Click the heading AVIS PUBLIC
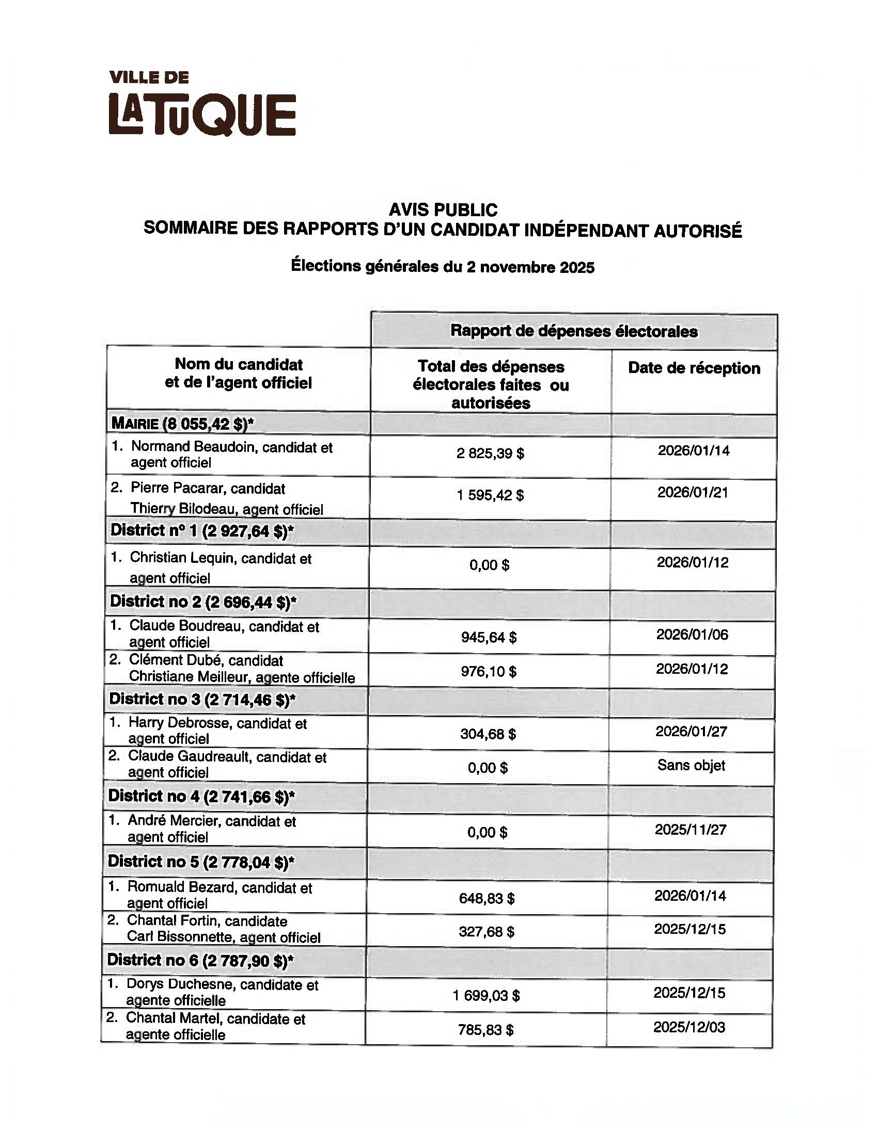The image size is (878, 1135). tap(443, 209)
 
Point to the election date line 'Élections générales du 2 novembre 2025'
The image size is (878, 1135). tap(442, 266)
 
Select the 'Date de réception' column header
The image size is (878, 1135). tap(694, 368)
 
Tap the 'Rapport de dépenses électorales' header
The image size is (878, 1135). tap(574, 331)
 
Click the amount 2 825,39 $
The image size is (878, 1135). tap(490, 453)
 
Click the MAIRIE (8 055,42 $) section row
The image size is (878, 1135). tap(182, 424)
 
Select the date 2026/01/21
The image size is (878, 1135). tap(692, 492)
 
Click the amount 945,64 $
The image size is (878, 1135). tap(489, 637)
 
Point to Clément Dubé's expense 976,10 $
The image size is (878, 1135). tap(489, 671)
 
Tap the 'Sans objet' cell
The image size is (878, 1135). tap(691, 765)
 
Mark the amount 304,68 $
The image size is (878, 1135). tap(488, 734)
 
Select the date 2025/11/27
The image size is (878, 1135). tap(690, 830)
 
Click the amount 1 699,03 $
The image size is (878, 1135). tap(487, 995)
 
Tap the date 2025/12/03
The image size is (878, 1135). tap(689, 1027)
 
